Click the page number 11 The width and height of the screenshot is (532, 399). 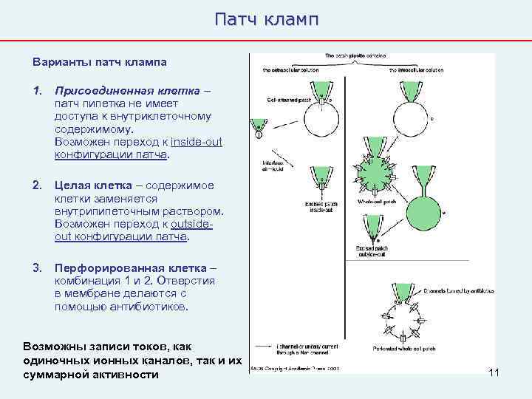494,372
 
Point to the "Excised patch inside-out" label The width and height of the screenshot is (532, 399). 319,207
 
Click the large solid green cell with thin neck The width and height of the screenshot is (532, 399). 427,202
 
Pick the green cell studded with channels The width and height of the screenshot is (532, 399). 378,171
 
